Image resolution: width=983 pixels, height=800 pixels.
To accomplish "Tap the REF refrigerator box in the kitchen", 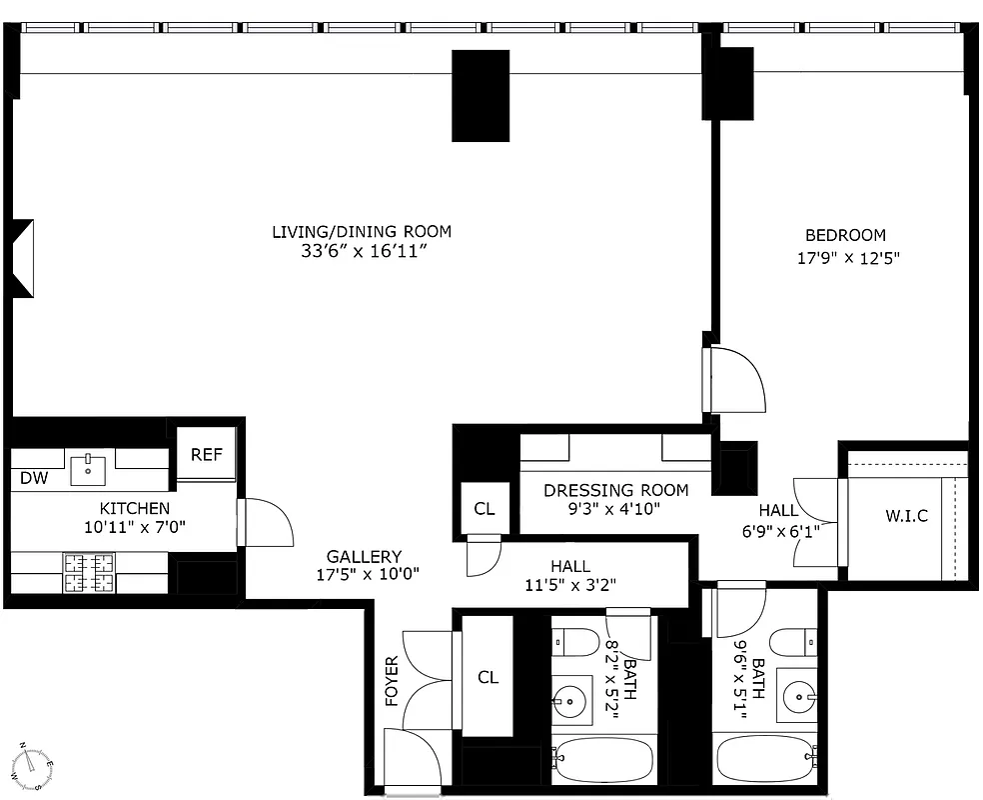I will pyautogui.click(x=207, y=455).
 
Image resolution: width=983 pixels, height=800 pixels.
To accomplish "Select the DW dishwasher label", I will pyautogui.click(x=34, y=478).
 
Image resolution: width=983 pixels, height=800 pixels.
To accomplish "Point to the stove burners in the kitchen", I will pyautogui.click(x=89, y=574).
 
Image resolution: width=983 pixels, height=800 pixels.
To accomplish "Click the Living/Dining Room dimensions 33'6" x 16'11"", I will pyautogui.click(x=362, y=251).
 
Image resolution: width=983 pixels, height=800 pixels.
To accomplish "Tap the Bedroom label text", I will pyautogui.click(x=845, y=236).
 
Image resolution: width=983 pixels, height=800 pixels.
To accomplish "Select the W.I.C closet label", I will pyautogui.click(x=906, y=516).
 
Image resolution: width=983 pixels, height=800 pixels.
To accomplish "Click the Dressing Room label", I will pyautogui.click(x=615, y=490).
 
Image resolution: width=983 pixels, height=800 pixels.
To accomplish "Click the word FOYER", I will pyautogui.click(x=392, y=681).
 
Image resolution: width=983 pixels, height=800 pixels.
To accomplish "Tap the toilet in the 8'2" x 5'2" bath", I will pyautogui.click(x=573, y=640).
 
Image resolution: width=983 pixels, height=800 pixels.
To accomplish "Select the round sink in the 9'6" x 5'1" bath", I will pyautogui.click(x=799, y=693).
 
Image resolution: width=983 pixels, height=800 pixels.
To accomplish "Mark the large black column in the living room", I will pyautogui.click(x=481, y=95).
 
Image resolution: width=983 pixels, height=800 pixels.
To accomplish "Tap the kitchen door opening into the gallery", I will pyautogui.click(x=265, y=522).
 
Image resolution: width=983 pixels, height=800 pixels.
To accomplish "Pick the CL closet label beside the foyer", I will pyautogui.click(x=488, y=677).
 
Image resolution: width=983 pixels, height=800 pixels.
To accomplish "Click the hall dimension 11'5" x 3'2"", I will pyautogui.click(x=569, y=586).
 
